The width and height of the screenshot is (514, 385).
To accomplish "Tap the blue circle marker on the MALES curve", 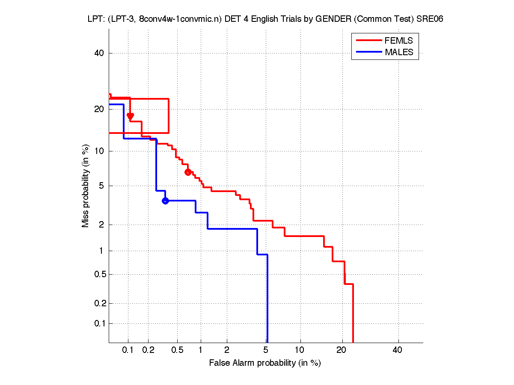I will pyautogui.click(x=165, y=201).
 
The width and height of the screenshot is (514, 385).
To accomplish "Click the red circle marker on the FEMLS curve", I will pyautogui.click(x=188, y=172).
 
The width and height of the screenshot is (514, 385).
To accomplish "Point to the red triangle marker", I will pyautogui.click(x=131, y=116).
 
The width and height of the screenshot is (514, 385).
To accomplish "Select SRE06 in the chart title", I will pyautogui.click(x=431, y=19).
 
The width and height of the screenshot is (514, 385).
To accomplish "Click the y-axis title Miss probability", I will pyautogui.click(x=86, y=186).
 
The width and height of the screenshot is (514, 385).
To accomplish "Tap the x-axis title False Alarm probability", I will pyautogui.click(x=265, y=363).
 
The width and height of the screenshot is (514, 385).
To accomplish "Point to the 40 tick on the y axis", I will pyautogui.click(x=99, y=53).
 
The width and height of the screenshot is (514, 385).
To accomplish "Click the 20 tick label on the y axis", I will pyautogui.click(x=99, y=109).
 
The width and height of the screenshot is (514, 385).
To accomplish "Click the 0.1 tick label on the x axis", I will pyautogui.click(x=128, y=350).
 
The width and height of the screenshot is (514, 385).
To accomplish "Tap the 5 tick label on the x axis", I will pyautogui.click(x=266, y=350).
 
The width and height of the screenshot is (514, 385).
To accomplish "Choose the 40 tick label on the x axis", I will pyautogui.click(x=397, y=350).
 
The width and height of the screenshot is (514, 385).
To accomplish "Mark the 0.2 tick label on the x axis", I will pyautogui.click(x=148, y=350).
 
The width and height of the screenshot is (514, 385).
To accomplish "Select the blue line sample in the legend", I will pyautogui.click(x=368, y=52).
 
